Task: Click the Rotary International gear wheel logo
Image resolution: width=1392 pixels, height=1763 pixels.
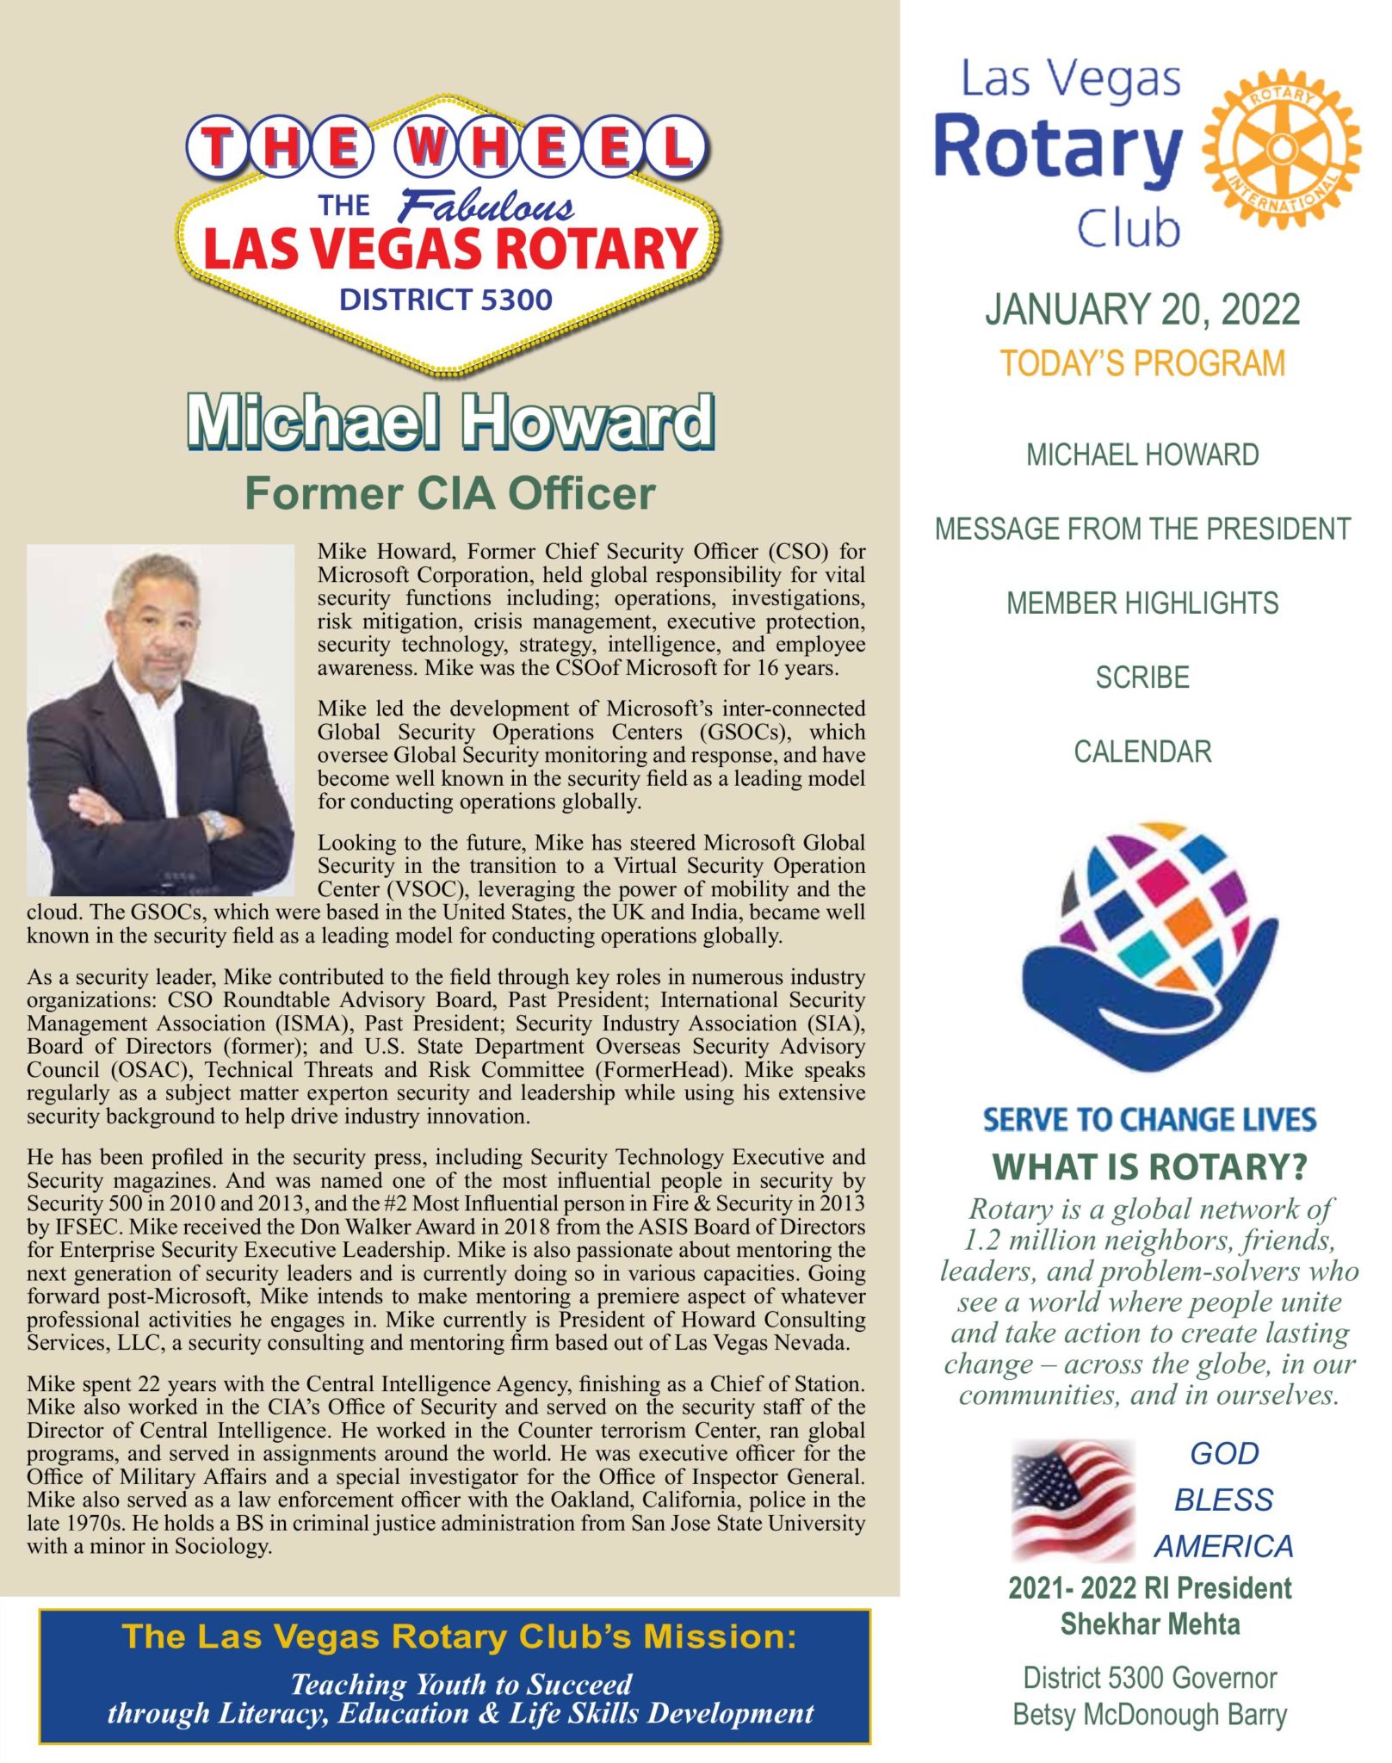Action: pyautogui.click(x=1281, y=149)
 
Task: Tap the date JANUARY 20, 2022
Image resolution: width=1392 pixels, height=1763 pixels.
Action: pyautogui.click(x=1142, y=310)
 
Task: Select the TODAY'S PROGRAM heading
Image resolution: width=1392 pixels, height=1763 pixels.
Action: pyautogui.click(x=1142, y=364)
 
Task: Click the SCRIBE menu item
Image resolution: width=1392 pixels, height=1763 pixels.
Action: pyautogui.click(x=1142, y=678)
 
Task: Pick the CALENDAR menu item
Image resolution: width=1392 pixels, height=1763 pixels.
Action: pyautogui.click(x=1142, y=752)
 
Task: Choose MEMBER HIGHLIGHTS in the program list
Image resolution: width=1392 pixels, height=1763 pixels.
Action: pyautogui.click(x=1142, y=603)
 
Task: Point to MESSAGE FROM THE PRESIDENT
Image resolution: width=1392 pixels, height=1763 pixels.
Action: pyautogui.click(x=1142, y=529)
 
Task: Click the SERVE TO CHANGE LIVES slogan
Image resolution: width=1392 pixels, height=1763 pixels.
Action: pyautogui.click(x=1150, y=1120)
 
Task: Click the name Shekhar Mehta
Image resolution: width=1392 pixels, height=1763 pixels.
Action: pyautogui.click(x=1150, y=1625)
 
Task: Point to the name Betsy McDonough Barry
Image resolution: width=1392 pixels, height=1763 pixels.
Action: pyautogui.click(x=1150, y=1715)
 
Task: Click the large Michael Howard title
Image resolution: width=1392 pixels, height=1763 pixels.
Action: pyautogui.click(x=450, y=422)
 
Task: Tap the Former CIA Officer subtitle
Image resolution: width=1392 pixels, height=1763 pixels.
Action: pyautogui.click(x=450, y=494)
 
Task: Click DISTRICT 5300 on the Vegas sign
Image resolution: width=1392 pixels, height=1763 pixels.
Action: pyautogui.click(x=446, y=300)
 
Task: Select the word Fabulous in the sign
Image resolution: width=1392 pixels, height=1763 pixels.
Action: pyautogui.click(x=486, y=207)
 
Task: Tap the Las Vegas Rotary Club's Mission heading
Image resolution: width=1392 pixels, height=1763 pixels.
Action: pyautogui.click(x=459, y=1636)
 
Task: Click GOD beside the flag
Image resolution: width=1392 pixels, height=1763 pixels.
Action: pyautogui.click(x=1224, y=1454)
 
